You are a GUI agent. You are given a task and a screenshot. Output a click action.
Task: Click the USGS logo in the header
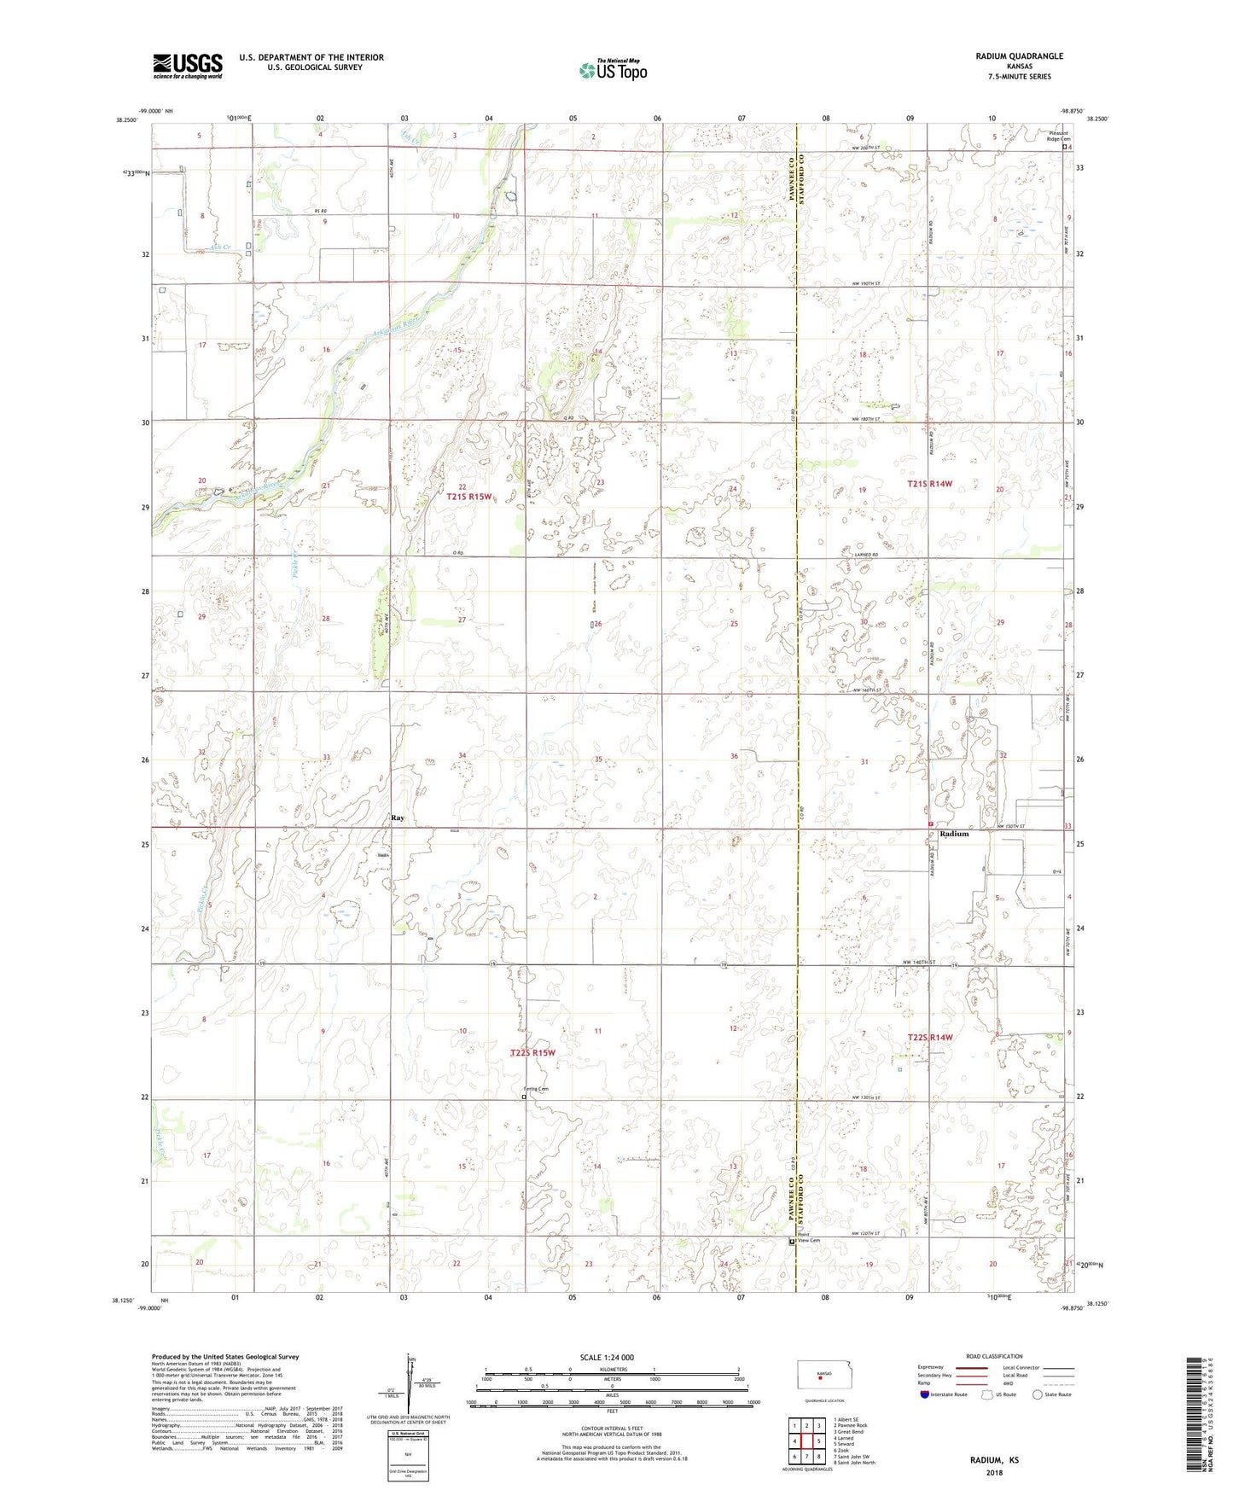point(188,66)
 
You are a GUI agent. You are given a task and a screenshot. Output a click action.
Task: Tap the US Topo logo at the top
point(613,70)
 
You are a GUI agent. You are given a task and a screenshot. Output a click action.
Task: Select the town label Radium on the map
point(954,834)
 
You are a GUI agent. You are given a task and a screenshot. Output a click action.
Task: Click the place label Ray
point(397,818)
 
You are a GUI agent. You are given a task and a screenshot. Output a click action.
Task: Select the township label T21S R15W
point(469,496)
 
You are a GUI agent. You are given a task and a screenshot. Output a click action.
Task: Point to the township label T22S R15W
point(532,1053)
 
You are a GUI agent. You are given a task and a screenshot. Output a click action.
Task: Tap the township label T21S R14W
point(929,484)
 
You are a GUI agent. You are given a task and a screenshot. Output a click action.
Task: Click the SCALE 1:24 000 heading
point(606,1358)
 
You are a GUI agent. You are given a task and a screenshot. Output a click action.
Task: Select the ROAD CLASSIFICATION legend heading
point(994,1356)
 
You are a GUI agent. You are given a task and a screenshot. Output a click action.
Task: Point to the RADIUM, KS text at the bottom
point(994,1459)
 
